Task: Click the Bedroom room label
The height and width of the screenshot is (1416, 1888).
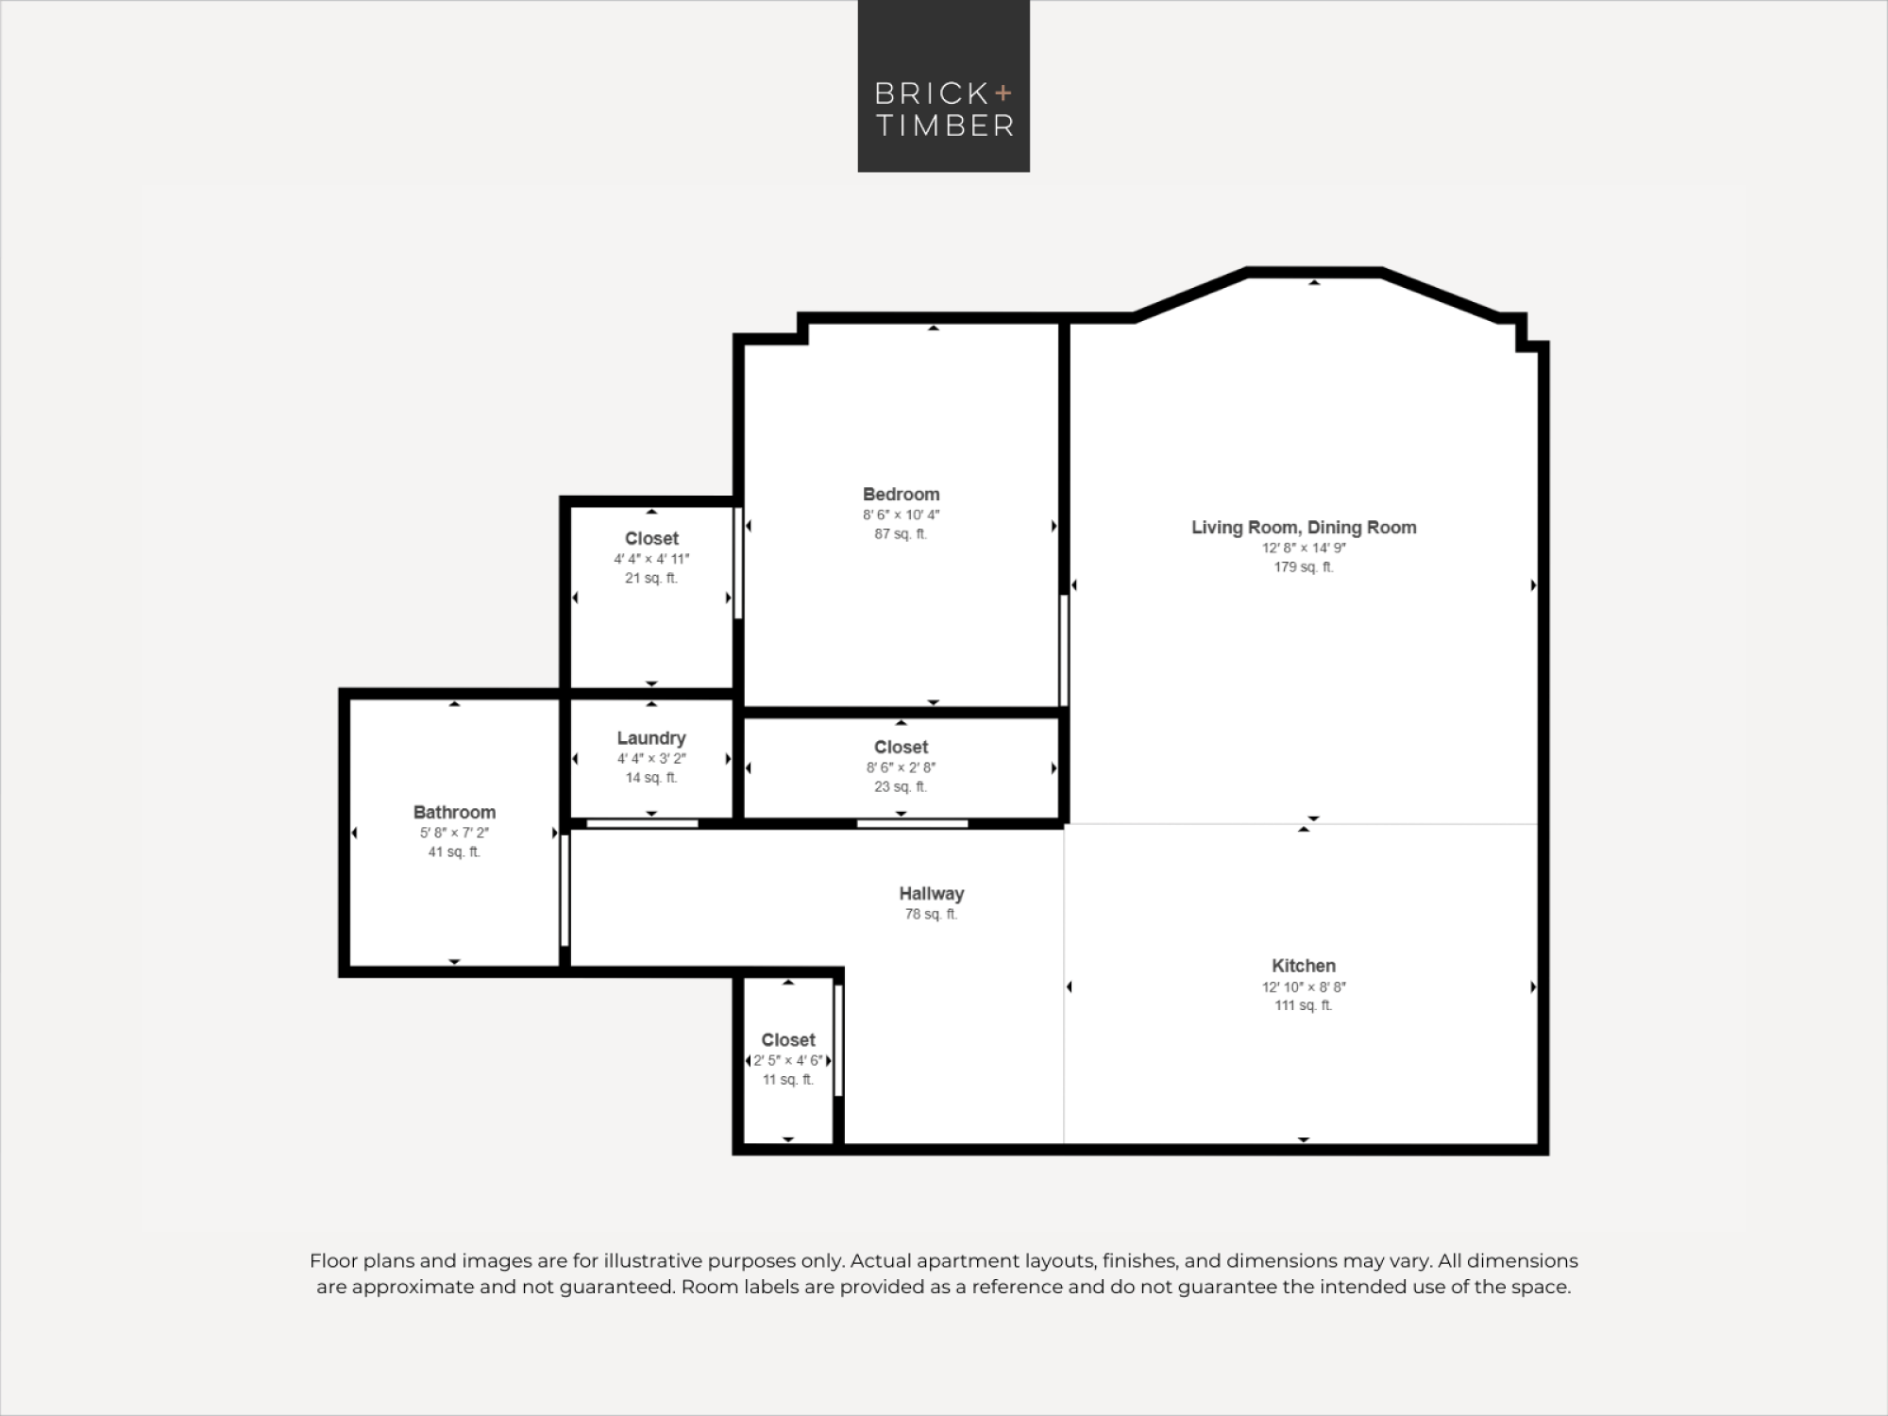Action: pos(901,495)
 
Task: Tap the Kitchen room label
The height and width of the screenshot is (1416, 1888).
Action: pos(1303,966)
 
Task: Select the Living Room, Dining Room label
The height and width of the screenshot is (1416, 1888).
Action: pos(1304,528)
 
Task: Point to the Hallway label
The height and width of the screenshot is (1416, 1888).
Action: pos(931,894)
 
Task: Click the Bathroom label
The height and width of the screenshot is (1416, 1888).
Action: pos(454,813)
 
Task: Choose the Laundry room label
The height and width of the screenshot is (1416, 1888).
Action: pos(651,738)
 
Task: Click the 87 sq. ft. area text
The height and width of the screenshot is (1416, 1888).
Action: pos(901,534)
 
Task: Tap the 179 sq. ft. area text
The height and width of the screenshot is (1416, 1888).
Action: pos(1304,567)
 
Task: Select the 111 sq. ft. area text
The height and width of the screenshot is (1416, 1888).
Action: pos(1303,1006)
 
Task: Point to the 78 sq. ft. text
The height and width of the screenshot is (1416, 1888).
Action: pos(931,915)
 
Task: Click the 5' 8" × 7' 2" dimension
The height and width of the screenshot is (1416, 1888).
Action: pos(454,833)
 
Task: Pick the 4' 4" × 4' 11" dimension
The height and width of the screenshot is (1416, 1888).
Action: pos(651,559)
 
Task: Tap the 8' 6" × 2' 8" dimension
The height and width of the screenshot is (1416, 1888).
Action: pos(901,767)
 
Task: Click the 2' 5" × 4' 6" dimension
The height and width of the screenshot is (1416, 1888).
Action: pos(788,1061)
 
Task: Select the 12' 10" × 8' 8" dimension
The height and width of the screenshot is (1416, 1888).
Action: pos(1303,986)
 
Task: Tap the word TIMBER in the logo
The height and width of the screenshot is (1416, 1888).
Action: pos(945,126)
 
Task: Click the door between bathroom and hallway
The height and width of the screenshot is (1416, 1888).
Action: pos(565,889)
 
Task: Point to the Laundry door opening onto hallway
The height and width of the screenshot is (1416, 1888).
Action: pos(642,824)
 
